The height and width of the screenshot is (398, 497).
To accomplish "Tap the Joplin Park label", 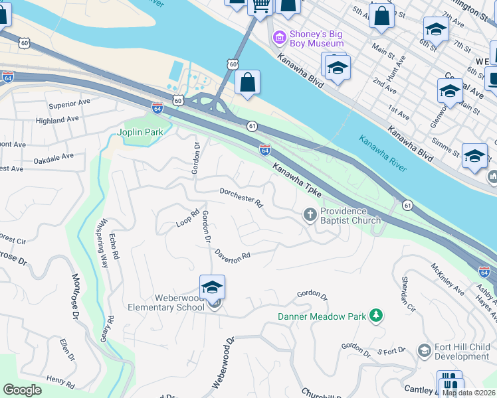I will point(140,132).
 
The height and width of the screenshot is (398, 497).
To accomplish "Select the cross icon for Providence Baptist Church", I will point(310,214).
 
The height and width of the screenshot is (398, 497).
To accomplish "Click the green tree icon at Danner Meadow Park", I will point(376,316).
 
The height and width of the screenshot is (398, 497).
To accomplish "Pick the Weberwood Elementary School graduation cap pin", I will point(212,288).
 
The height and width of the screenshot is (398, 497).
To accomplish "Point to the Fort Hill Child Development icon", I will point(424,350).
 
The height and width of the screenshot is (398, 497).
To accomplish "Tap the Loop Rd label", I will point(188,219).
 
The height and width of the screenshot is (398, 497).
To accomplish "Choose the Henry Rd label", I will point(60,381).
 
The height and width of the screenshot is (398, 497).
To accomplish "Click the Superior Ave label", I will point(69,104).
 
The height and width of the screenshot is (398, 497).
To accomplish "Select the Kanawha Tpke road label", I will point(296,178).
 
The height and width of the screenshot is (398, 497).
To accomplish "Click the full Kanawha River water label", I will point(382,153).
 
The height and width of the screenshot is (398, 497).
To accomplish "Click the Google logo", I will point(22,390).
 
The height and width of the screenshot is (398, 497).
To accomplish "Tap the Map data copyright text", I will point(468,393).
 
